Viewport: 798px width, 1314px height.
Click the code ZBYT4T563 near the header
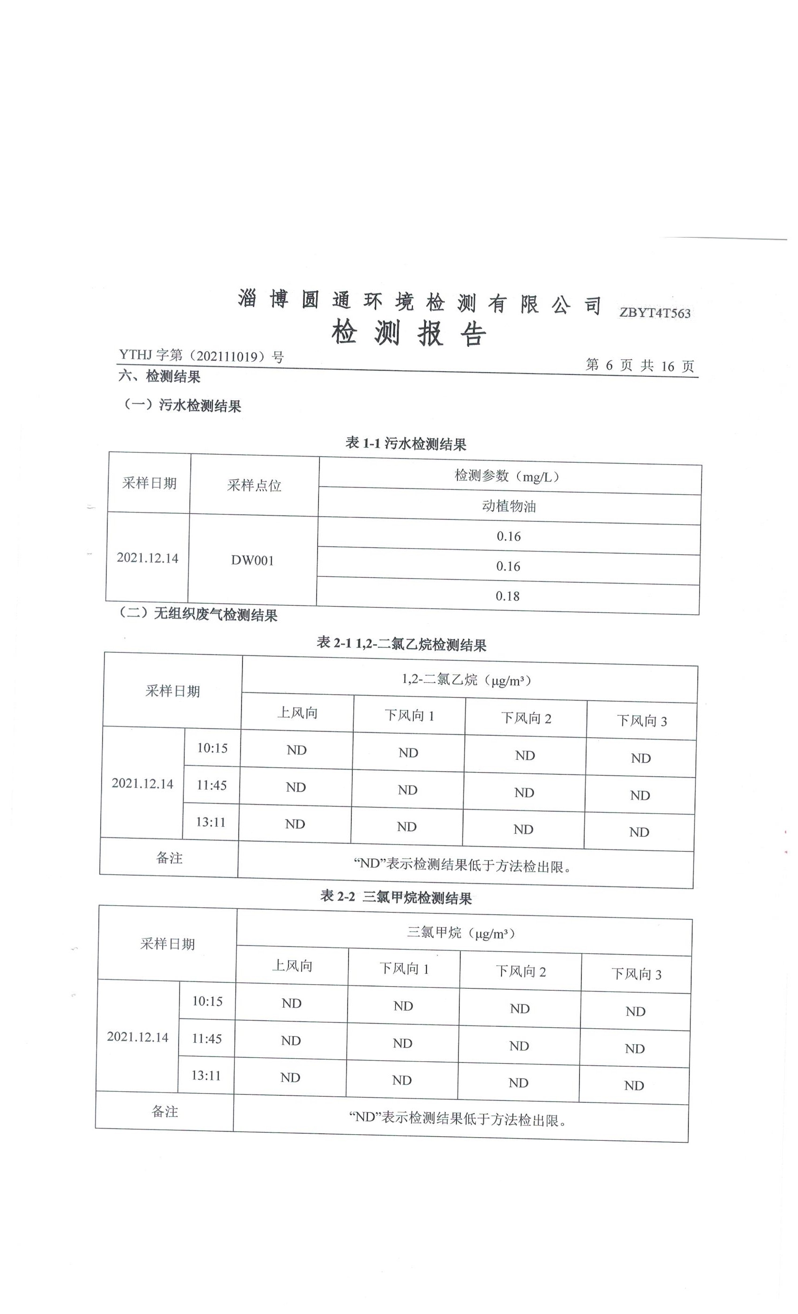point(654,313)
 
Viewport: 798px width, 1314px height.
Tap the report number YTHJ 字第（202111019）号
point(201,356)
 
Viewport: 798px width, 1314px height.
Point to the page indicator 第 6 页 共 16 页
point(639,365)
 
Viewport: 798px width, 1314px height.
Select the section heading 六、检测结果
point(160,376)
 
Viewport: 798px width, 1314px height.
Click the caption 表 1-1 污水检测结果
point(406,443)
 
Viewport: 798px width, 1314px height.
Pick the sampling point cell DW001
point(253,560)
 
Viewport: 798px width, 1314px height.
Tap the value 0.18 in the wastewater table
point(507,596)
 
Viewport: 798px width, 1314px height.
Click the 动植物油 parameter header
point(509,506)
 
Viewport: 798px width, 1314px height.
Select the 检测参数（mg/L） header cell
point(509,476)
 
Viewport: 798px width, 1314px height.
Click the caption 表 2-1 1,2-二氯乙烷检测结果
point(401,644)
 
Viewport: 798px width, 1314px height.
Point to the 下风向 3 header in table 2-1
point(642,721)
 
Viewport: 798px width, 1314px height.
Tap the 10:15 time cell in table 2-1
point(212,748)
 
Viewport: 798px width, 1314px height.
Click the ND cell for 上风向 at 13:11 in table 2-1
point(294,824)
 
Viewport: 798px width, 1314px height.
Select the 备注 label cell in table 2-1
point(169,858)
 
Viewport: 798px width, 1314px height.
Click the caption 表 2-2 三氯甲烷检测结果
point(396,897)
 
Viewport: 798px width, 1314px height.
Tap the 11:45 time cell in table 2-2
point(207,1038)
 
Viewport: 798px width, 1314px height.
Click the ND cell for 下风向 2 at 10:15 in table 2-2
point(520,1008)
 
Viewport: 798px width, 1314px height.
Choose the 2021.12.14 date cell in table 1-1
point(148,558)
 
